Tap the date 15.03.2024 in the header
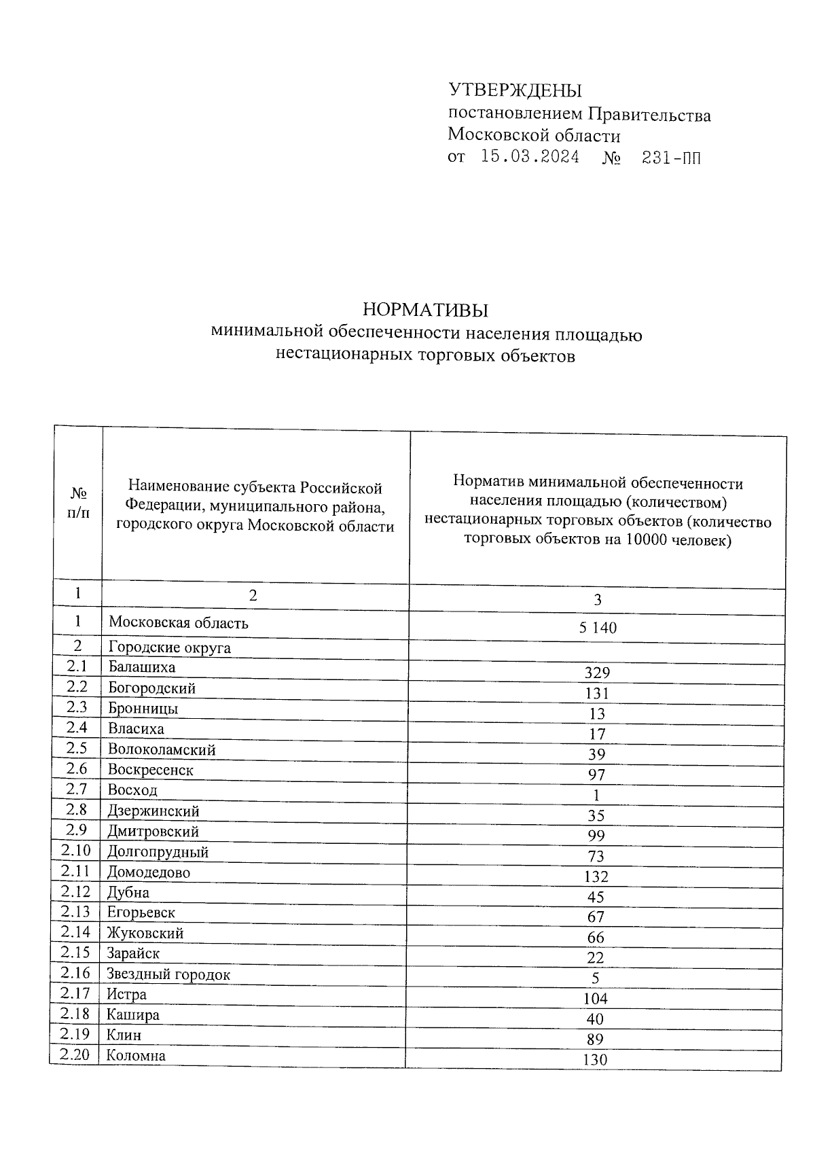(530, 158)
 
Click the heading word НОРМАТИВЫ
(426, 311)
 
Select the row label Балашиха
(141, 667)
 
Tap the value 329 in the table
(597, 673)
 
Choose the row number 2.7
(77, 789)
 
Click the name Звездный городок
(168, 974)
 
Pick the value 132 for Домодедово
(596, 877)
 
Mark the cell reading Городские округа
(169, 648)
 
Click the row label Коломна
(136, 1056)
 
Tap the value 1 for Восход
(596, 796)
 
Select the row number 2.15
(75, 953)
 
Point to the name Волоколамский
(162, 749)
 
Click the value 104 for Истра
(596, 999)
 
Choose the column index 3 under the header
(597, 600)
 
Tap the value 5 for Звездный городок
(596, 978)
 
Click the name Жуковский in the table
(145, 934)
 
